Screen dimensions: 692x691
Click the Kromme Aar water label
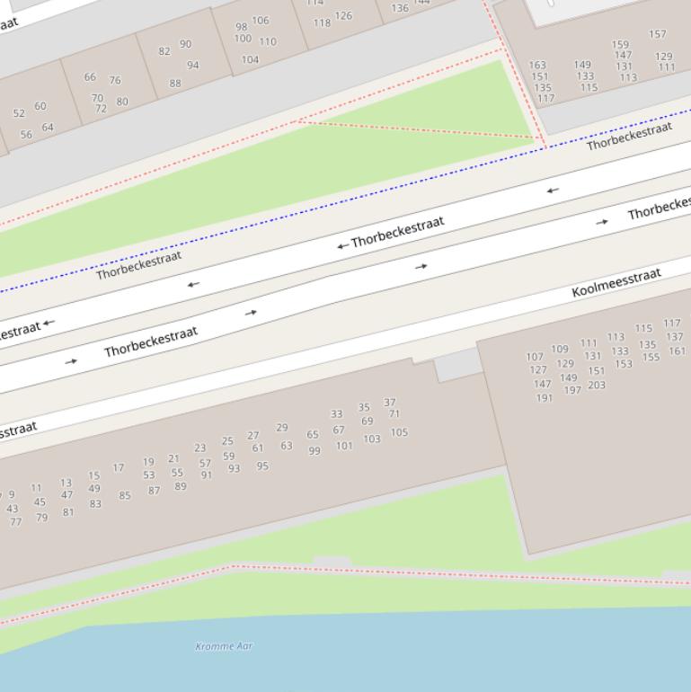[x=224, y=646]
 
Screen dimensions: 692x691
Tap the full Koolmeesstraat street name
[x=616, y=282]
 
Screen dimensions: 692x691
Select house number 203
[x=597, y=386]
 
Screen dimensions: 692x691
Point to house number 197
[x=572, y=390]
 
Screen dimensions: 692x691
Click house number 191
[x=545, y=398]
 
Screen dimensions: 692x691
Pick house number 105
[x=399, y=433]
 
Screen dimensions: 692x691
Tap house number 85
[x=125, y=495]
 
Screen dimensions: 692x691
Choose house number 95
[x=262, y=466]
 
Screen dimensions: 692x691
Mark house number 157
[x=658, y=34]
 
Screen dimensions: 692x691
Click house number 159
[x=621, y=45]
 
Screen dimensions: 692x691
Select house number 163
[x=537, y=66]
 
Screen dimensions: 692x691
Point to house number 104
[x=250, y=60]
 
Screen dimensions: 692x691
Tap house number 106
[x=261, y=21]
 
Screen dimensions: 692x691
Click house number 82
[x=164, y=51]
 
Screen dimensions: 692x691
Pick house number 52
[x=19, y=114]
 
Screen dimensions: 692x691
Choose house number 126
[x=343, y=16]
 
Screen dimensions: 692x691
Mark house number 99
[x=314, y=451]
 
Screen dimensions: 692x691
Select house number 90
[x=185, y=44]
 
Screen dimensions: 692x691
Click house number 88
[x=175, y=84]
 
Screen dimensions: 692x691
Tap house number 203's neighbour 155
[x=651, y=358]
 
